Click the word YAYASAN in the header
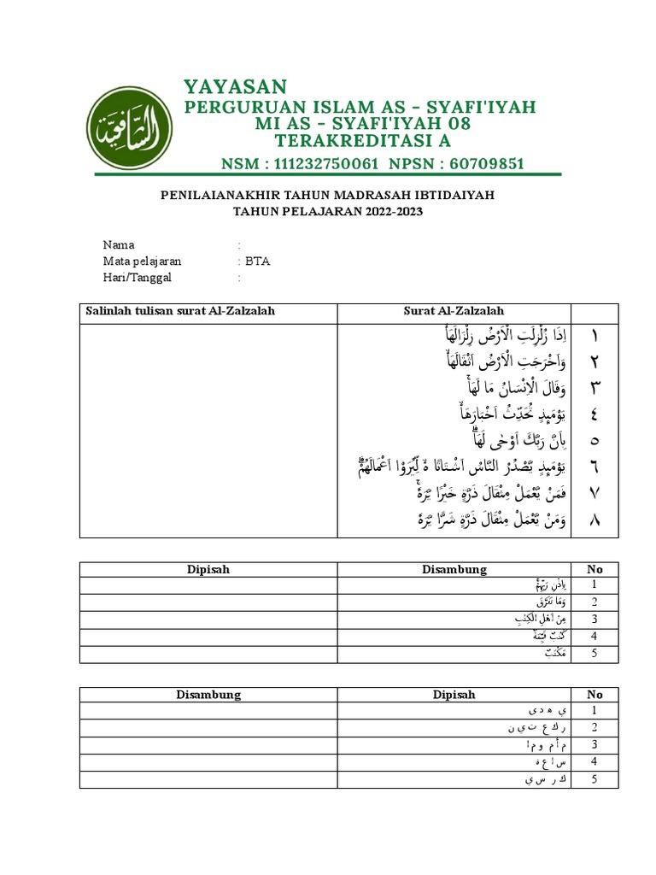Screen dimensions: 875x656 (x=236, y=86)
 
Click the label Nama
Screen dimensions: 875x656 (x=119, y=245)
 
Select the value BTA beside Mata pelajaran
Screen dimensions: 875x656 (x=257, y=261)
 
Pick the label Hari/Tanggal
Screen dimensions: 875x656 (x=137, y=278)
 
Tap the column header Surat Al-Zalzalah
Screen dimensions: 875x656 (x=454, y=312)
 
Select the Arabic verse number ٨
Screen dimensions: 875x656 (x=594, y=520)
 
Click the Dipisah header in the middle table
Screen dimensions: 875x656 (x=208, y=569)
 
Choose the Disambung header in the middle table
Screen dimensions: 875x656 (x=454, y=569)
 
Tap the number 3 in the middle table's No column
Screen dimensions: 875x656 (x=594, y=619)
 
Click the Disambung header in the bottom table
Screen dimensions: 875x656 (x=208, y=695)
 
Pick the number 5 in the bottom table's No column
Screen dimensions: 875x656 (x=594, y=779)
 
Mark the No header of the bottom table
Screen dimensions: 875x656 (x=594, y=695)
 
